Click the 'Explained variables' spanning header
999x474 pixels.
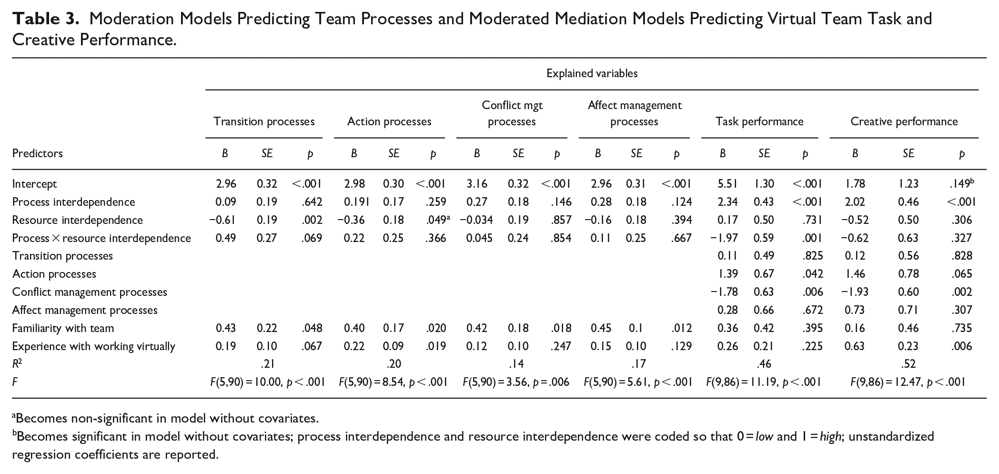592,73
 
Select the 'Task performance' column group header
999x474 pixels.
759,121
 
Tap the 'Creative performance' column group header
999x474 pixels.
904,121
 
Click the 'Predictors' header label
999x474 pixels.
38,153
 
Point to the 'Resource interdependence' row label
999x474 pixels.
78,220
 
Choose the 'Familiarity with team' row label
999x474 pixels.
63,328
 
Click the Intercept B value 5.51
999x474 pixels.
727,184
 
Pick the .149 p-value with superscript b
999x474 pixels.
960,183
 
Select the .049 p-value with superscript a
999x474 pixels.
438,220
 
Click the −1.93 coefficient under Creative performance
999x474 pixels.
855,292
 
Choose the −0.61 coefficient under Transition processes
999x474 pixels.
222,220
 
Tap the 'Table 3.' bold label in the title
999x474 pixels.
45,19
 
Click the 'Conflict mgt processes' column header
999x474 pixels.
512,113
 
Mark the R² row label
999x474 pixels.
17,364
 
